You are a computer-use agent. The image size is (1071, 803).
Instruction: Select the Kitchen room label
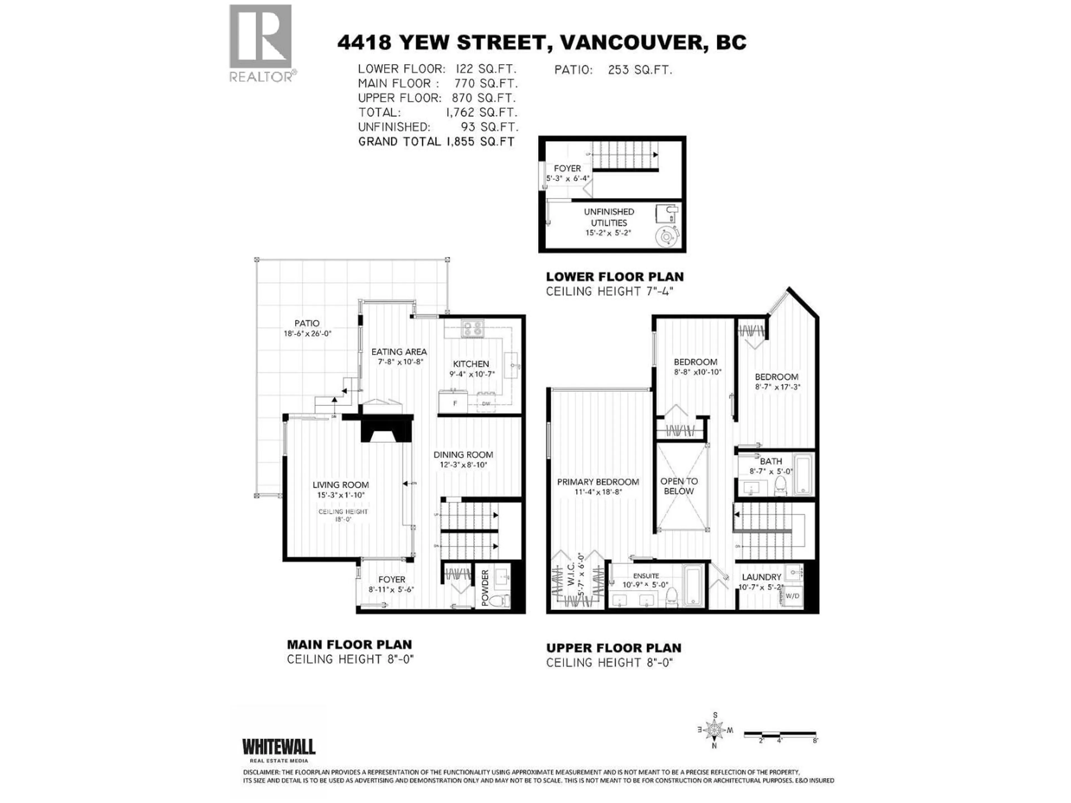tap(471, 364)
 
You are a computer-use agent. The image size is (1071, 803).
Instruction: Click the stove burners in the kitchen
tap(472, 329)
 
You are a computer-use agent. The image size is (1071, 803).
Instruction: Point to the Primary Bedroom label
tap(598, 482)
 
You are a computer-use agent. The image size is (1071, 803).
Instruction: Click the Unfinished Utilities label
tap(609, 217)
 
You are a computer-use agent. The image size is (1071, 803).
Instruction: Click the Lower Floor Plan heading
tap(614, 277)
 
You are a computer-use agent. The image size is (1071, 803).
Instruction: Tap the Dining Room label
tap(463, 454)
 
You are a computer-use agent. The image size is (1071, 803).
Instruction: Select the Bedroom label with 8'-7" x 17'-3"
tap(776, 377)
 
